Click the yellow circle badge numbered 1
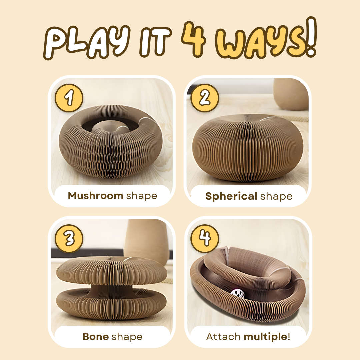pyautogui.click(x=69, y=98)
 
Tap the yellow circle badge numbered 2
pyautogui.click(x=205, y=98)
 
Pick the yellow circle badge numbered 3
pyautogui.click(x=69, y=239)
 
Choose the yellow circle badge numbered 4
pyautogui.click(x=205, y=239)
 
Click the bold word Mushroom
pyautogui.click(x=96, y=196)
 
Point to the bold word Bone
pyautogui.click(x=96, y=337)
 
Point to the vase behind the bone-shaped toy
pyautogui.click(x=147, y=240)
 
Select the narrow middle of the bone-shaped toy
pyautogui.click(x=111, y=287)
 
